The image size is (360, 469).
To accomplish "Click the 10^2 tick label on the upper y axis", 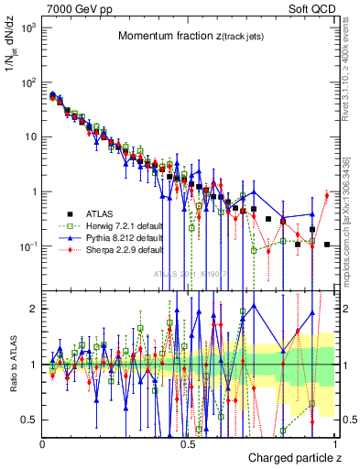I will point(28,82).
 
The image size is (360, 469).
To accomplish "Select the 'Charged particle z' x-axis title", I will point(294,456).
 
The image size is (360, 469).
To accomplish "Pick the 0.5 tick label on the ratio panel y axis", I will point(28,420).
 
